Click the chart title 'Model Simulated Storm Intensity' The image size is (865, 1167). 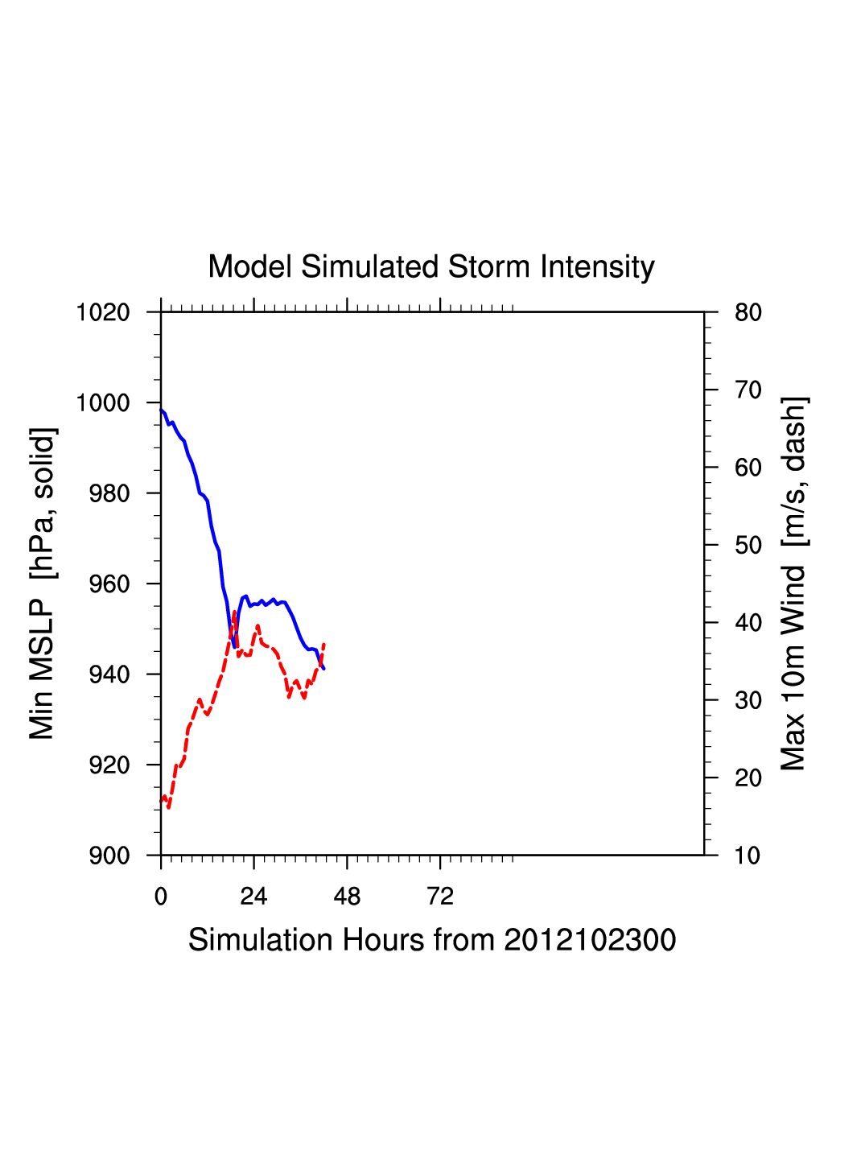(431, 267)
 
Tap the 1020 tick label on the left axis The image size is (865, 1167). (103, 312)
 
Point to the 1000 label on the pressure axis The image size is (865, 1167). (103, 403)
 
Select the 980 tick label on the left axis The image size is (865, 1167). (109, 493)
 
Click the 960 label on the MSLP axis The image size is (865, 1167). (109, 584)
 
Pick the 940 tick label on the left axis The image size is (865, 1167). (109, 674)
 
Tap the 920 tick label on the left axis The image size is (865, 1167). (109, 765)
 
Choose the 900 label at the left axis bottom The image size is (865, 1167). (109, 856)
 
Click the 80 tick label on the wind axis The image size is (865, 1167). (748, 312)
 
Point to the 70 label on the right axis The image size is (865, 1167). (748, 390)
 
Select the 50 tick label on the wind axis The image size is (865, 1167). (748, 546)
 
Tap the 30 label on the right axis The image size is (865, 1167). (748, 701)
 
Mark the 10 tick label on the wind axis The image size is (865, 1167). (748, 856)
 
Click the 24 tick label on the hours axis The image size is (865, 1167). (253, 897)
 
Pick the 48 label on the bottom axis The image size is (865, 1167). (347, 897)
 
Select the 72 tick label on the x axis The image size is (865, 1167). (440, 897)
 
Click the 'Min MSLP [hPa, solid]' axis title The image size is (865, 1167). (42, 583)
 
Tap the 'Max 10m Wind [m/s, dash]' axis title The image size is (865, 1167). (794, 583)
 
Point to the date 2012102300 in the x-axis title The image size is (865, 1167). (590, 940)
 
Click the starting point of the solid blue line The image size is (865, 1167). (162, 410)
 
